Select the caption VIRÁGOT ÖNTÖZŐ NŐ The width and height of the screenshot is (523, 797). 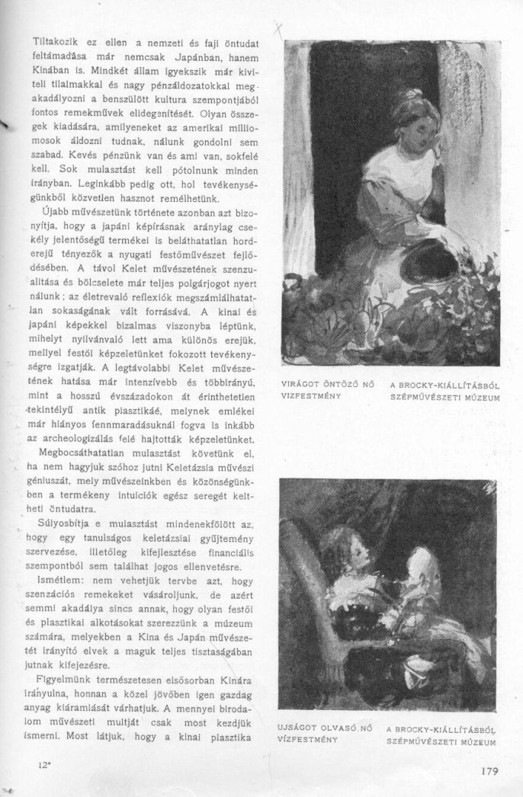pos(330,386)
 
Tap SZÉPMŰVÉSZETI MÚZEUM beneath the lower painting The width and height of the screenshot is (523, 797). pos(441,740)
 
